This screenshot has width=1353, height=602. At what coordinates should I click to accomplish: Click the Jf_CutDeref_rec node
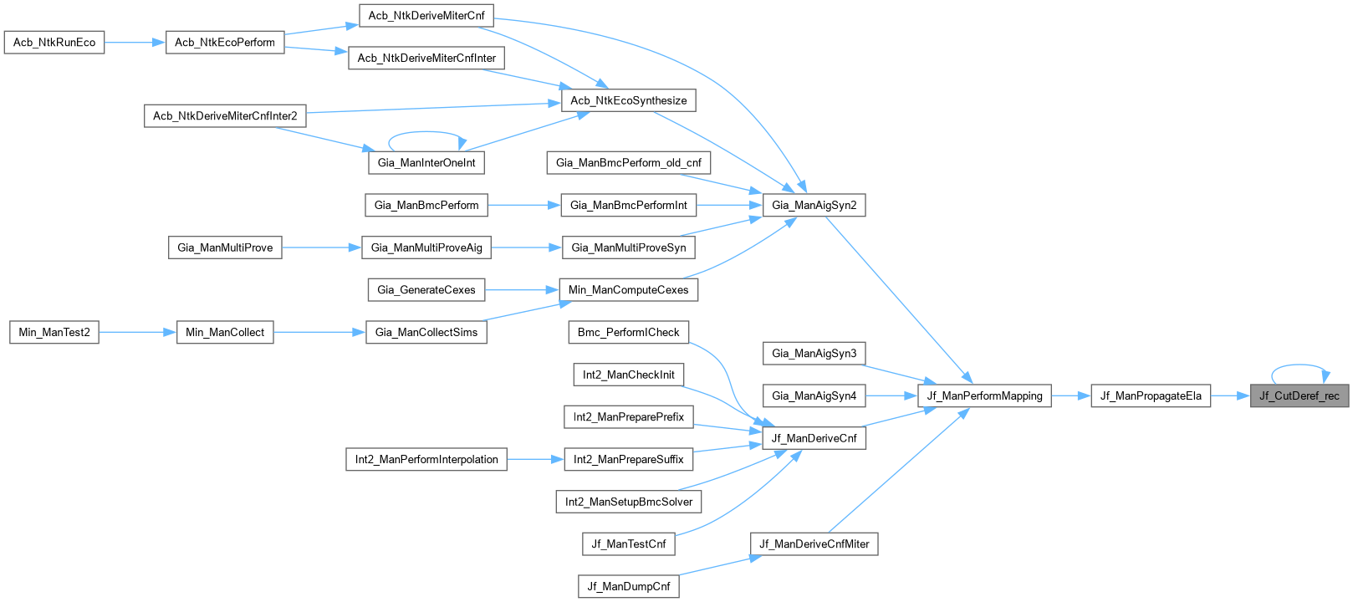tap(1299, 396)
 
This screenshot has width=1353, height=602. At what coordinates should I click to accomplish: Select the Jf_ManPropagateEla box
tap(1151, 396)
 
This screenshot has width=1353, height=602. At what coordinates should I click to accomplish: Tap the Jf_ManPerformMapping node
tap(984, 396)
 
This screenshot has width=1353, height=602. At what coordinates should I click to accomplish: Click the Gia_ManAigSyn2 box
tap(814, 205)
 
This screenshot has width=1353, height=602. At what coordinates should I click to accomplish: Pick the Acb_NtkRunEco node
tap(54, 43)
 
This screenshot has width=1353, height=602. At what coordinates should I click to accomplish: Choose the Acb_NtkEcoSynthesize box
tap(628, 100)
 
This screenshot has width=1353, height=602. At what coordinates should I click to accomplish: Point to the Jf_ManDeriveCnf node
tap(814, 438)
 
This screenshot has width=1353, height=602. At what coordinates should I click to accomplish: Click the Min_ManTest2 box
tap(54, 332)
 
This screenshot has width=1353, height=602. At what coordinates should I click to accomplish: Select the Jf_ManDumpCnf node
tap(628, 586)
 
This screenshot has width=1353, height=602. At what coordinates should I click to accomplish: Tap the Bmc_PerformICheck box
tap(628, 332)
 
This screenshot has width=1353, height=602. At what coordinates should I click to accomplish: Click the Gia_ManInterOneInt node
tap(426, 162)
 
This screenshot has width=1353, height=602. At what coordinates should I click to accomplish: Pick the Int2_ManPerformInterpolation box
tap(426, 459)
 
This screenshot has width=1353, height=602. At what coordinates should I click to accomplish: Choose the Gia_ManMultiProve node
tap(225, 247)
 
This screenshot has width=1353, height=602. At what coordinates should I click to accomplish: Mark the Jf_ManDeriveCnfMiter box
tap(814, 543)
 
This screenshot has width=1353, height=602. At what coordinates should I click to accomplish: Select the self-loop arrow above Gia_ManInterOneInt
tap(426, 131)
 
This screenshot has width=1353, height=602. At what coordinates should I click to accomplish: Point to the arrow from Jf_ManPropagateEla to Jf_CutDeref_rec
tap(1230, 396)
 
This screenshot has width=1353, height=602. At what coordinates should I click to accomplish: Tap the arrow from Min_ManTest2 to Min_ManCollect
tap(137, 332)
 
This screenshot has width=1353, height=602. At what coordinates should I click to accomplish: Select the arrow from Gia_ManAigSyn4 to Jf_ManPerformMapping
tap(891, 396)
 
